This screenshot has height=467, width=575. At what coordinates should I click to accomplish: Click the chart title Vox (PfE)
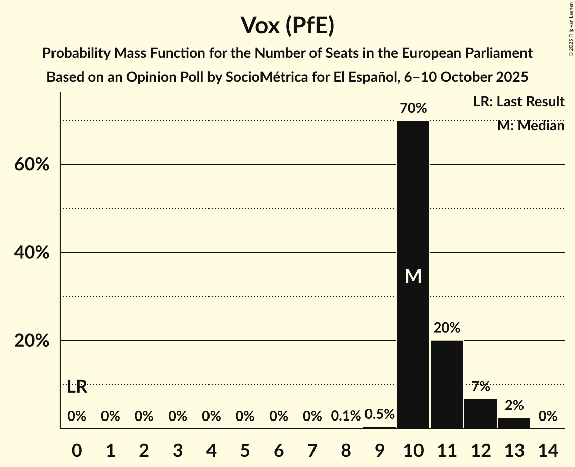pos(287,26)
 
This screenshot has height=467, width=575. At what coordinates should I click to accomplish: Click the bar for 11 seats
pos(447,384)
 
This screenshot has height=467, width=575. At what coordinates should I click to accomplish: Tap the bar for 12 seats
pos(481,413)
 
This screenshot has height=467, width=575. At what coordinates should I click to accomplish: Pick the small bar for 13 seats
pos(514,423)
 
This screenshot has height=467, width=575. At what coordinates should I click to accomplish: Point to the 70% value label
pos(413,108)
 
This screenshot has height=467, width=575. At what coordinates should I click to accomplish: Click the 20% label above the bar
pos(447,328)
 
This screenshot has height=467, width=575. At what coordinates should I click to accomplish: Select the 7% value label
pos(481,387)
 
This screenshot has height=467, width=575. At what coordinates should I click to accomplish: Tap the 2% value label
pos(514,405)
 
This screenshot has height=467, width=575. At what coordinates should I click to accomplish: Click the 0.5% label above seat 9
pos(379,414)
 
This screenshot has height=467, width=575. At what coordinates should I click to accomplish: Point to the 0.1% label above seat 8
pos(346,416)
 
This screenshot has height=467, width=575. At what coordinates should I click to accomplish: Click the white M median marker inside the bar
pos(413,276)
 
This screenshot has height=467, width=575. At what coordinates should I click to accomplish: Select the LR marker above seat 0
pos(77,388)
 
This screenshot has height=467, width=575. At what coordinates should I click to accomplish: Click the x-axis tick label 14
pos(548,449)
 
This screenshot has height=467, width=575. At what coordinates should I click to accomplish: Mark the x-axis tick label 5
pos(245,449)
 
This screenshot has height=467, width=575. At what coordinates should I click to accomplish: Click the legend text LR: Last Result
pos(518,102)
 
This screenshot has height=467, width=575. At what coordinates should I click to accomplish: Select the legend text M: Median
pos(531,126)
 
